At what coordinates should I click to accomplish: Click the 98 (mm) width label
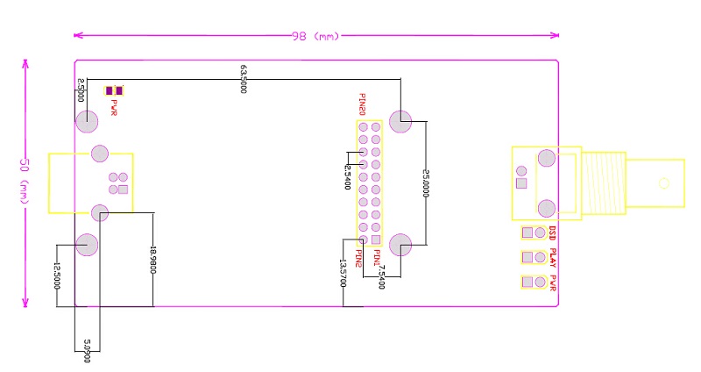(x=315, y=36)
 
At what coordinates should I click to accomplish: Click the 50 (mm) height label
(x=25, y=182)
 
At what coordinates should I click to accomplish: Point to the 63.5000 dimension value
(x=243, y=78)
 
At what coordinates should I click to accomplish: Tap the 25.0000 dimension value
(x=427, y=183)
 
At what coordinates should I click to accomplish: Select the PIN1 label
(x=377, y=258)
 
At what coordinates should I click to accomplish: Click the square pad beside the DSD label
(x=528, y=233)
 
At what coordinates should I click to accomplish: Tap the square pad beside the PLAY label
(x=528, y=258)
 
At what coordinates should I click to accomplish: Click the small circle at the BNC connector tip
(x=664, y=183)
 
